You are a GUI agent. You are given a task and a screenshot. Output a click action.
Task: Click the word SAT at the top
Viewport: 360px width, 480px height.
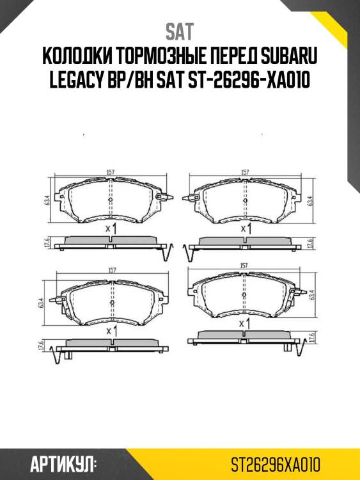180,31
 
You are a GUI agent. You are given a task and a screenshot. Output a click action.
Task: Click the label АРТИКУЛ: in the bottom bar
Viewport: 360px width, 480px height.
63,463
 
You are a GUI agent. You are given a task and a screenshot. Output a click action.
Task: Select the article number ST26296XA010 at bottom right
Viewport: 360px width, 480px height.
275,463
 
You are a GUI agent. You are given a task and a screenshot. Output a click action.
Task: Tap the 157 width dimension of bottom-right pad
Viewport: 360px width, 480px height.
244,265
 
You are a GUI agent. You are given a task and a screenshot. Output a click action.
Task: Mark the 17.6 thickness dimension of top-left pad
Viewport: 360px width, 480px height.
46,243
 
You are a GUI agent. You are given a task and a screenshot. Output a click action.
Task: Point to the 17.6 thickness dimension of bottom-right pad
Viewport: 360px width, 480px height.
311,338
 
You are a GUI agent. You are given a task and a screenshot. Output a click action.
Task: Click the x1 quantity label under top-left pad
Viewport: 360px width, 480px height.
110,228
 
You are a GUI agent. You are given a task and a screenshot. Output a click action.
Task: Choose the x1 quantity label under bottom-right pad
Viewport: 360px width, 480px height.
244,324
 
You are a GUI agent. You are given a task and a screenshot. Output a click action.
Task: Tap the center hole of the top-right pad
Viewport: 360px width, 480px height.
244,200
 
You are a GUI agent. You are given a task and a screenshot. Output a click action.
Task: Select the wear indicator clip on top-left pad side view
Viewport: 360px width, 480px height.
168,252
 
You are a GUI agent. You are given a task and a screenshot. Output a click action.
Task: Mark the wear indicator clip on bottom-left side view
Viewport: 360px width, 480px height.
61,355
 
